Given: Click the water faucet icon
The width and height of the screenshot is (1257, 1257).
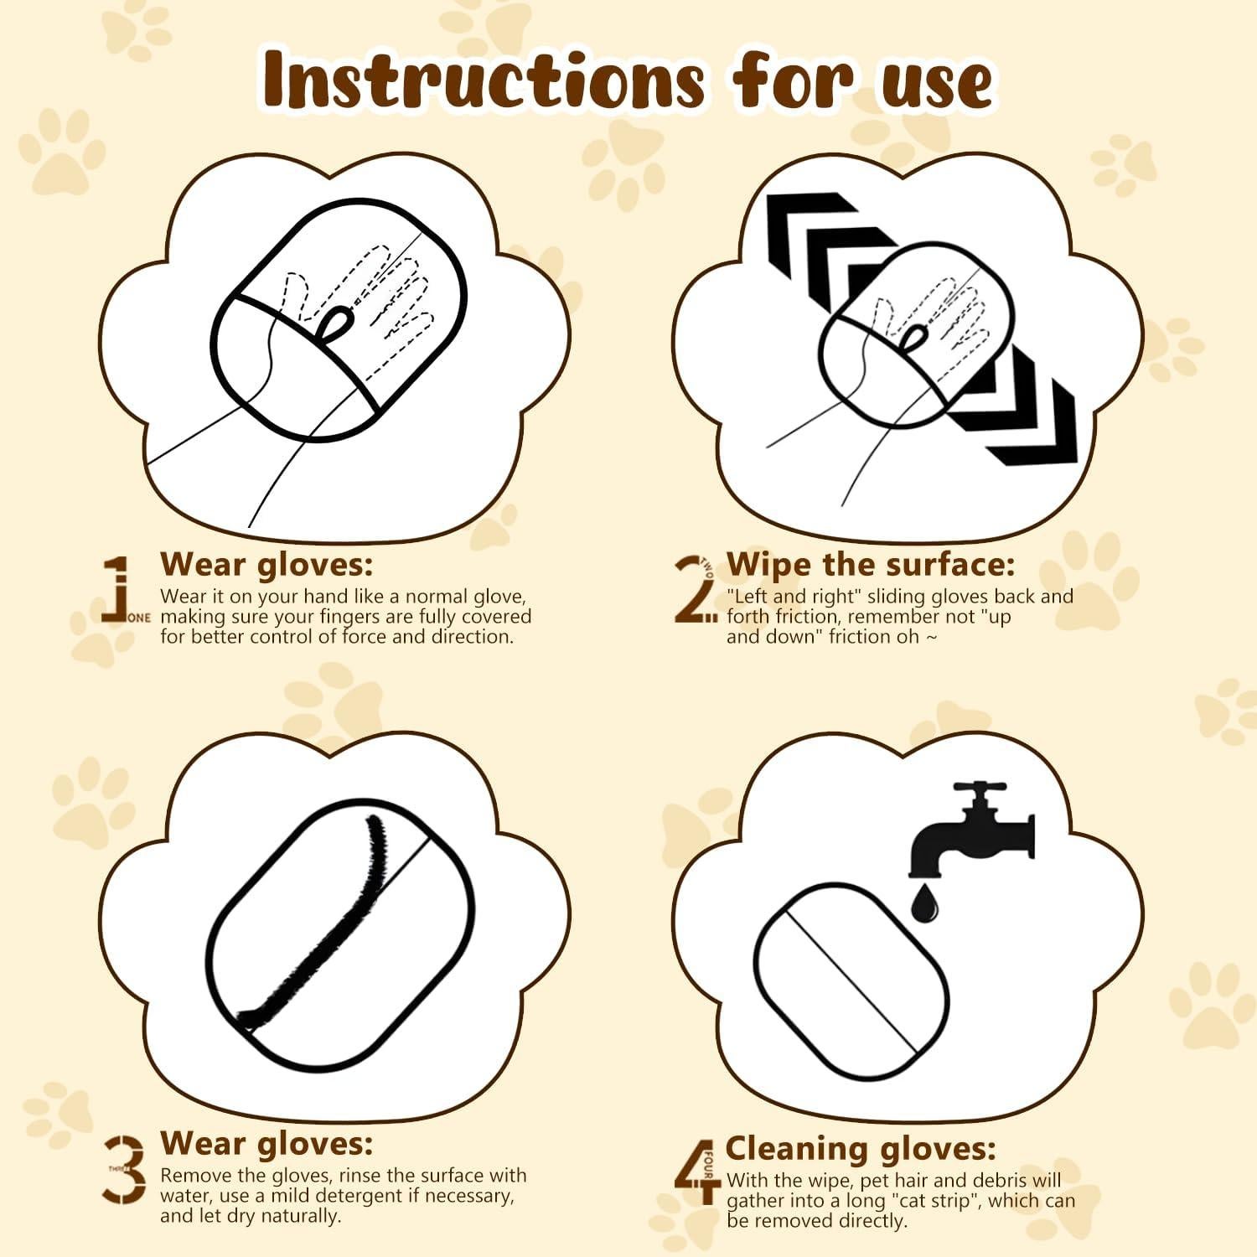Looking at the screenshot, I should (972, 830).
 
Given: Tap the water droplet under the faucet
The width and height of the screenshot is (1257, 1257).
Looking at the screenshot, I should (926, 903).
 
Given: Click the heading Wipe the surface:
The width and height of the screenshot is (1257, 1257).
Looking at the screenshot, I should (870, 564).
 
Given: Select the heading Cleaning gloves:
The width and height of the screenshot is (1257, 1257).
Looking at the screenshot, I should (861, 1148).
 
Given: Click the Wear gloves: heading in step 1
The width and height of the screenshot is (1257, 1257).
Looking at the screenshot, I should (266, 564).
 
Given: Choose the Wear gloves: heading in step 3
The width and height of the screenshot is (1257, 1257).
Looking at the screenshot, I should (266, 1143).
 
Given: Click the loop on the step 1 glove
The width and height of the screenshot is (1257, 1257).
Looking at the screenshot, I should (337, 324).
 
